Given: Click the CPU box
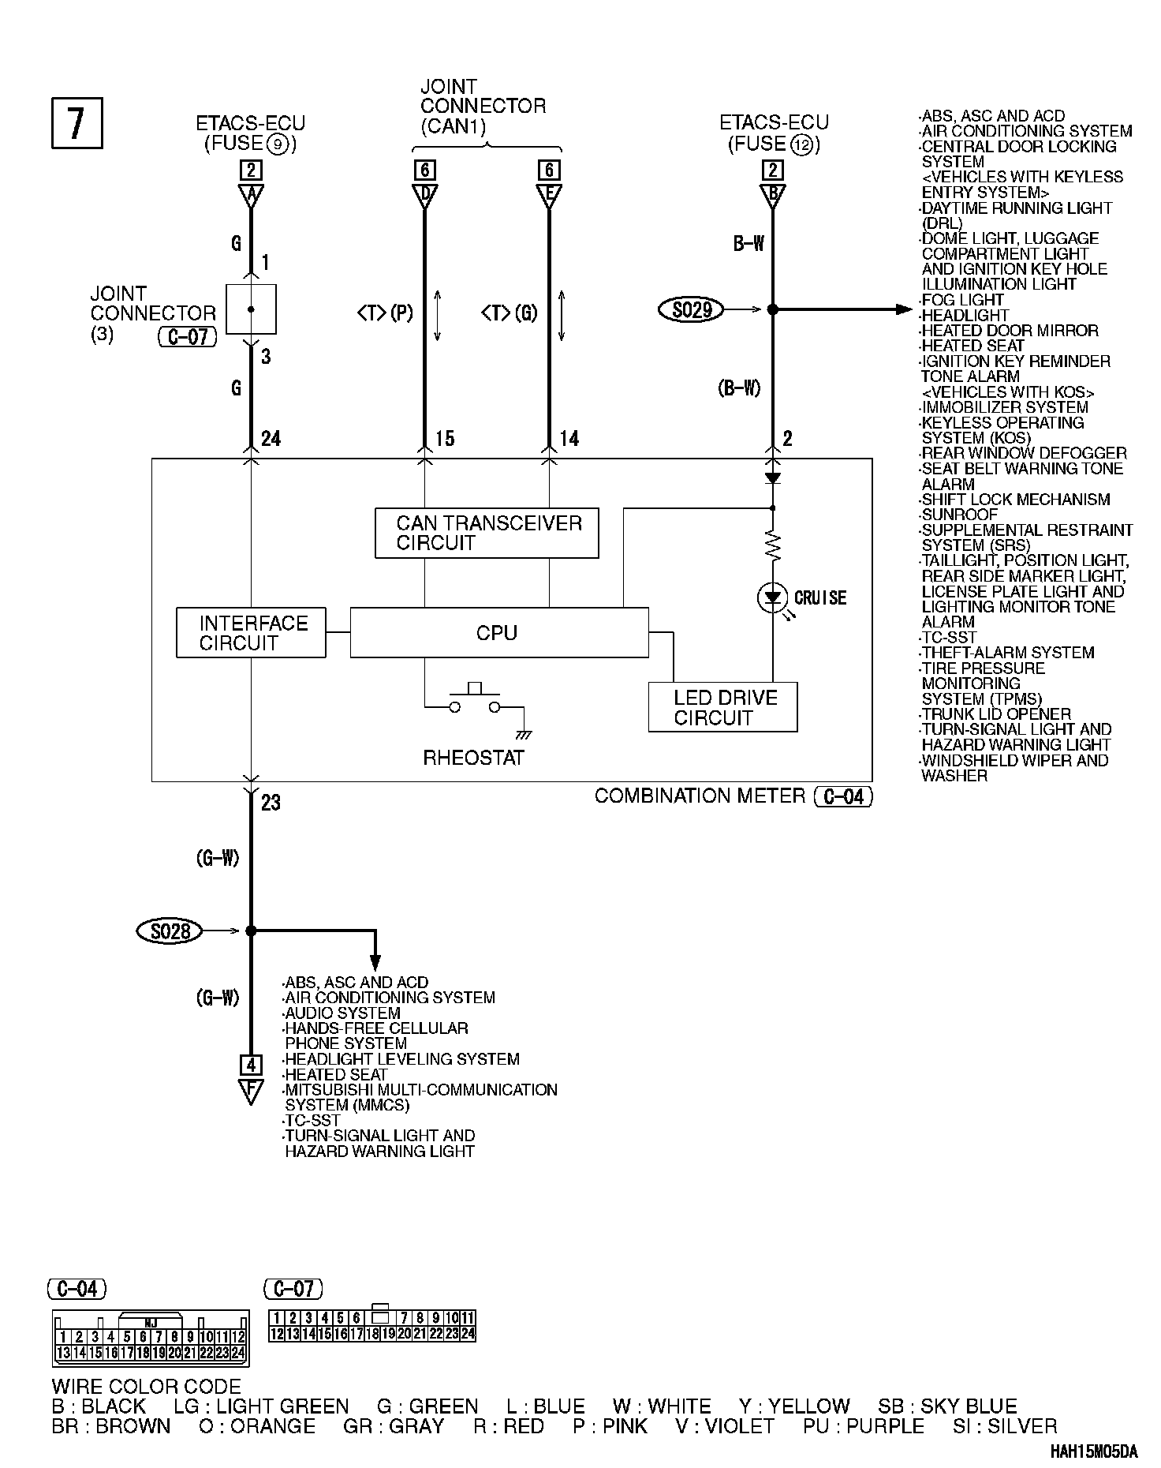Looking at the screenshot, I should [498, 632].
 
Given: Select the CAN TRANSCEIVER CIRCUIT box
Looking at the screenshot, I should [486, 534].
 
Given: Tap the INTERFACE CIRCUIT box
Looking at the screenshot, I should [251, 632].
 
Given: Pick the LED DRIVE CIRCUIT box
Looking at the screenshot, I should [722, 707].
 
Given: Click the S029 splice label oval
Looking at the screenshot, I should [691, 309].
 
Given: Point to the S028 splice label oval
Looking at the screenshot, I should [170, 931].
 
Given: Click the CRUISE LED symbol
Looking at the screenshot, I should [772, 597].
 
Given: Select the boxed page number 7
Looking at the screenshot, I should [77, 122].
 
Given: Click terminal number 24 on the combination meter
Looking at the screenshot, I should [271, 439].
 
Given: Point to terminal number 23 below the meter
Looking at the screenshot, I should [271, 803].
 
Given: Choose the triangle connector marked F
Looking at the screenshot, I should [251, 1092].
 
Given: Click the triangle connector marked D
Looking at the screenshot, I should [425, 195].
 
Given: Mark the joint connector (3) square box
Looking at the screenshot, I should [251, 309].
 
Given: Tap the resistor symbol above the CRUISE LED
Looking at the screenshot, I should [773, 545].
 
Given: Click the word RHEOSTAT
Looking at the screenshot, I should [473, 758].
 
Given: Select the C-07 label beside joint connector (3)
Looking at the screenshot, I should [188, 337].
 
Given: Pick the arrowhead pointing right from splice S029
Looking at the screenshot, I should [904, 309].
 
